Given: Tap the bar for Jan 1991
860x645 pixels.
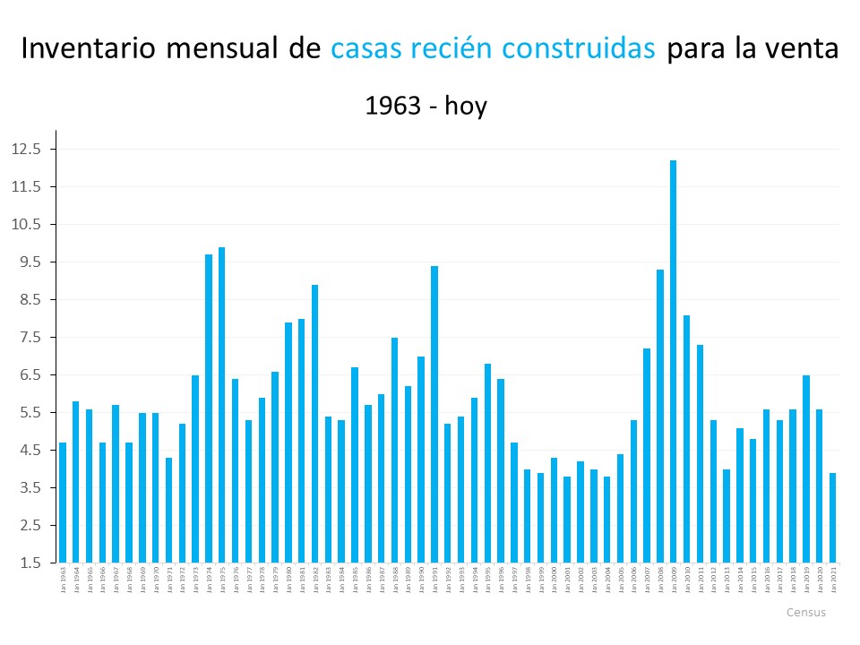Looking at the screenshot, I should (434, 414).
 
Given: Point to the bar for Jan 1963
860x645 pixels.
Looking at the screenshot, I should (63, 503).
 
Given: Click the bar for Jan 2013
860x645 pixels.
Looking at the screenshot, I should (727, 516).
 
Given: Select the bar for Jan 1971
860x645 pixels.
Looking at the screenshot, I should (168, 510).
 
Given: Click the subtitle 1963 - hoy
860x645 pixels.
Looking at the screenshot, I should (426, 106).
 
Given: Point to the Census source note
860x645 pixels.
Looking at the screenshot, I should (805, 613).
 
